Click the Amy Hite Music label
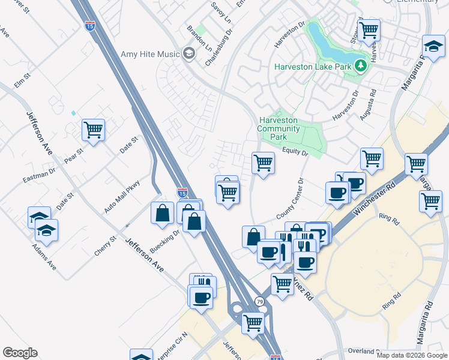150,54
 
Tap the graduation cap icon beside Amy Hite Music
189,55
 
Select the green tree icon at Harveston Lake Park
360,66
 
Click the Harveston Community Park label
279,128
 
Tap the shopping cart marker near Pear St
93,130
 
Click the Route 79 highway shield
259,301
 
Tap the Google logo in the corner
20,353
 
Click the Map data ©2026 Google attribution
411,355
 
